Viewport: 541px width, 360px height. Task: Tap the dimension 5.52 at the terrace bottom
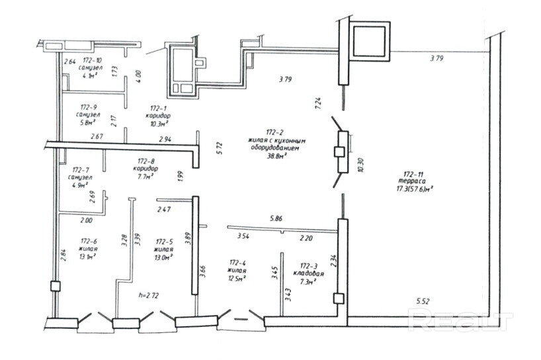[423, 302]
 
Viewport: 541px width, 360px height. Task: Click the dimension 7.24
[318, 102]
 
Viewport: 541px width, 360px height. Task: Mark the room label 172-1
[157, 107]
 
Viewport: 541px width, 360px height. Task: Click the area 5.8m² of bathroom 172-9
[87, 123]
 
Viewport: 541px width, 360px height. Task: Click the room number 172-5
[164, 242]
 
